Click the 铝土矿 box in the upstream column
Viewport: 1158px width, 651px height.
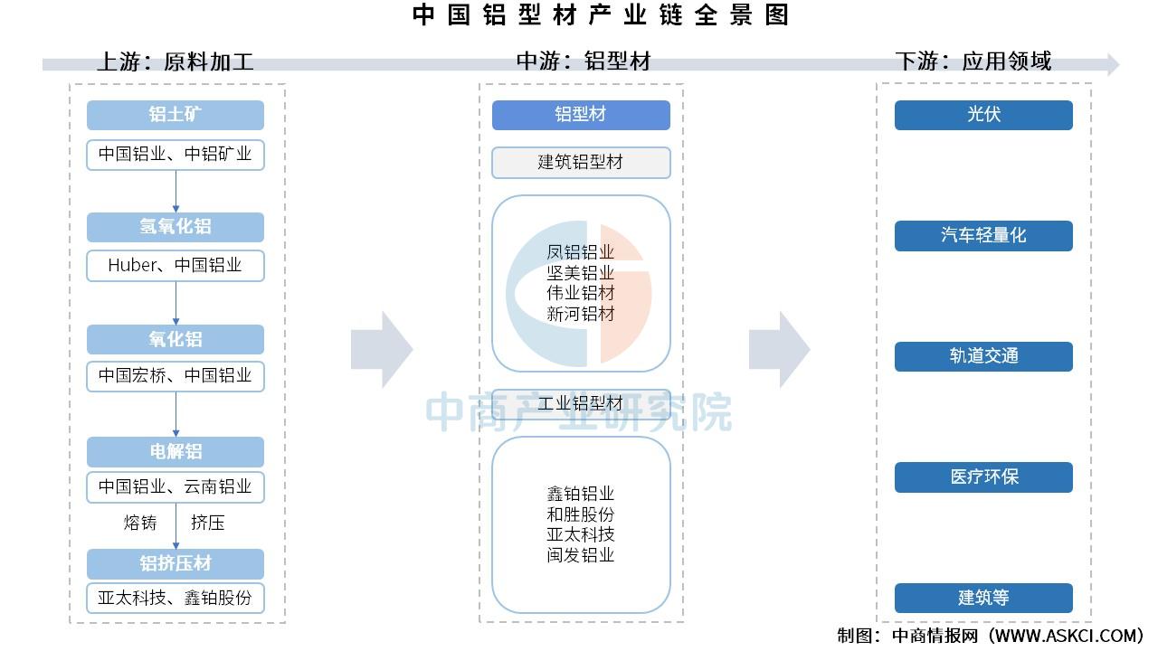pyautogui.click(x=176, y=115)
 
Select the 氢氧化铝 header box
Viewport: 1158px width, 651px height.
pyautogui.click(x=176, y=227)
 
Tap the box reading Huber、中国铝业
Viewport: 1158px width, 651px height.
pyautogui.click(x=176, y=266)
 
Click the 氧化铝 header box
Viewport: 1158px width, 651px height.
pyautogui.click(x=176, y=339)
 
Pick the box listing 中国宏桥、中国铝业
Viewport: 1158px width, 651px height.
pyautogui.click(x=176, y=376)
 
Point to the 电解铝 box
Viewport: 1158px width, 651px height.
pyautogui.click(x=176, y=451)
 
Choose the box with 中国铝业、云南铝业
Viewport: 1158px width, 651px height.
pyautogui.click(x=176, y=487)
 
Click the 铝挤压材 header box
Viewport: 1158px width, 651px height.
pyautogui.click(x=176, y=563)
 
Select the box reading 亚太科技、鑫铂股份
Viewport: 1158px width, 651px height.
pyautogui.click(x=176, y=598)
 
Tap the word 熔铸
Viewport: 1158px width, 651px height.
pyautogui.click(x=140, y=523)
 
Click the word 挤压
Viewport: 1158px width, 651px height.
pyautogui.click(x=207, y=523)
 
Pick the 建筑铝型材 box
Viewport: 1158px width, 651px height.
pyautogui.click(x=581, y=163)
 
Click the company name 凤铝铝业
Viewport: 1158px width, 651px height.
pyautogui.click(x=581, y=252)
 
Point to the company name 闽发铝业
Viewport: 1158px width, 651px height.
pyautogui.click(x=581, y=555)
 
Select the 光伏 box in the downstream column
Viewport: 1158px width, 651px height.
pyautogui.click(x=983, y=115)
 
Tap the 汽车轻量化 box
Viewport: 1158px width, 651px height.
pyautogui.click(x=983, y=236)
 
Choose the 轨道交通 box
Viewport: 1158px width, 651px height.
pyautogui.click(x=983, y=356)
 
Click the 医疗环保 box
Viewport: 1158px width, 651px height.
pyautogui.click(x=983, y=477)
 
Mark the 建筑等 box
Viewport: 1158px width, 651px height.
pyautogui.click(x=983, y=598)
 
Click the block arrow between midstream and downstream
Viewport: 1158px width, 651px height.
pyautogui.click(x=778, y=350)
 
